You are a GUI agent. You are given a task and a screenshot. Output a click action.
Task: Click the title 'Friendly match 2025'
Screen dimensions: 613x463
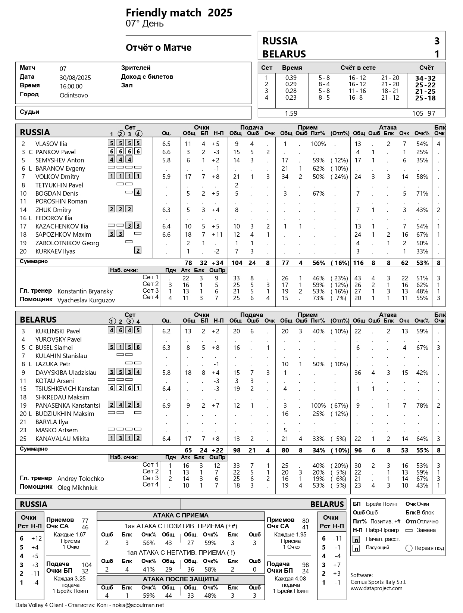179,13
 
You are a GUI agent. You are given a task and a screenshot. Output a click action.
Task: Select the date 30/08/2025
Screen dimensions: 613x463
75,78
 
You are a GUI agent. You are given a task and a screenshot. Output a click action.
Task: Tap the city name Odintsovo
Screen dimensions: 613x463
73,95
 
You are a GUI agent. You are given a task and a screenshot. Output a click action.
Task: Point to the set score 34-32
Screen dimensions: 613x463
425,78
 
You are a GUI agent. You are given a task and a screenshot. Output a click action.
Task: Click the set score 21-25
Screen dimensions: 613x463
425,91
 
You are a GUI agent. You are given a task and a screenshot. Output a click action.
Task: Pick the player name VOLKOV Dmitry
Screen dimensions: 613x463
57,177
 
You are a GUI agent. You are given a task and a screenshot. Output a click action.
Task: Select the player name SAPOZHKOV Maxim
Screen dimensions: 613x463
63,234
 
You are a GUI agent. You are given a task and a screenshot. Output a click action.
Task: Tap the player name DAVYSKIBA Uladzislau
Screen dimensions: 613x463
66,373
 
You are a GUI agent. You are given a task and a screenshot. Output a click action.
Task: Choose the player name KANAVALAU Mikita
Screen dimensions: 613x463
62,439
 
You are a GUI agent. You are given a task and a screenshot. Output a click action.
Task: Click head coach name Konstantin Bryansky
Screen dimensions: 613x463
85,291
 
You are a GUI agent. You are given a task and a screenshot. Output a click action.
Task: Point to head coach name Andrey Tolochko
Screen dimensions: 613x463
81,479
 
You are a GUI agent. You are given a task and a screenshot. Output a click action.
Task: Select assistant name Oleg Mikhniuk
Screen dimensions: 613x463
77,488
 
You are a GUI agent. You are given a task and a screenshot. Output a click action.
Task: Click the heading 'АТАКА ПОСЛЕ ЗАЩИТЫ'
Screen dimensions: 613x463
181,579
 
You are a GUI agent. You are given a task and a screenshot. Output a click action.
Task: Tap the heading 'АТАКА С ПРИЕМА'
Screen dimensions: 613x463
181,516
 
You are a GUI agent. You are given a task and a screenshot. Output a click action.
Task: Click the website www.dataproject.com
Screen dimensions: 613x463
376,588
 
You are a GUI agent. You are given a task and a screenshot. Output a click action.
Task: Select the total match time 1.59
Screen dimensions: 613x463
291,113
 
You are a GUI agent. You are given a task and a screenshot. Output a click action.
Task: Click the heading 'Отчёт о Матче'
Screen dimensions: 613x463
159,48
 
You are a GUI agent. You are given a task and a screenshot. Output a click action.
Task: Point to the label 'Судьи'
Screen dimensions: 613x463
29,112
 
